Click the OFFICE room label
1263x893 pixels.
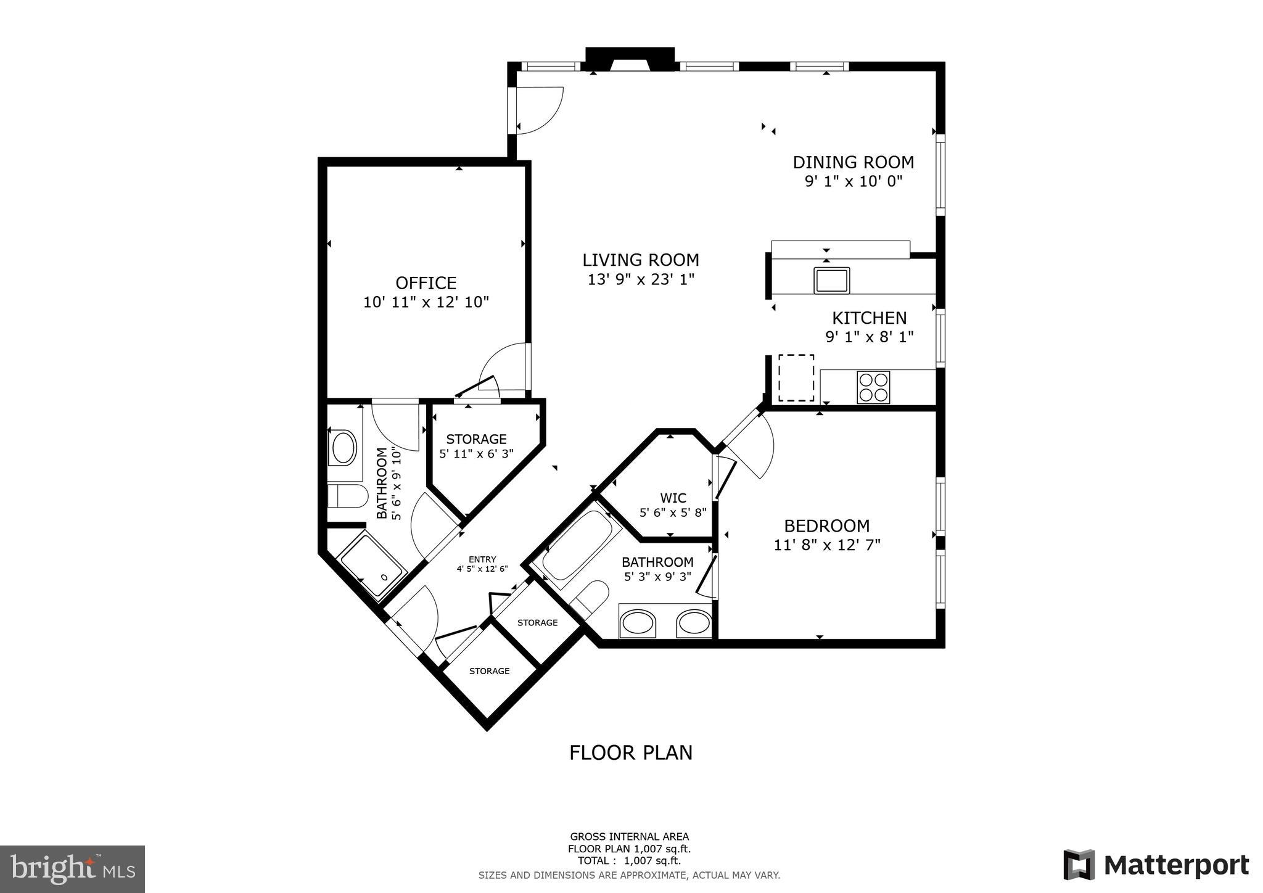coord(426,283)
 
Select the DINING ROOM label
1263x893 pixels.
coord(853,162)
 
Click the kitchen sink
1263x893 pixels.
coord(831,280)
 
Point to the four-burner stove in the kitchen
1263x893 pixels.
coord(873,387)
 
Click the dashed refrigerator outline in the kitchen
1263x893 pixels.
coord(796,377)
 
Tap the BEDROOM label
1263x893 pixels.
coord(826,526)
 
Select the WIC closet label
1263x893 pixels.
coord(673,498)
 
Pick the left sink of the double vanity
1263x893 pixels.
coord(638,623)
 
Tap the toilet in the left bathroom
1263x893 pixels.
coord(347,495)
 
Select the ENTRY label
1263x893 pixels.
coord(482,559)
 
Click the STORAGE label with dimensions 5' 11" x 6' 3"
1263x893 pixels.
coord(476,439)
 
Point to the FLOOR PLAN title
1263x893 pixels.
coord(630,752)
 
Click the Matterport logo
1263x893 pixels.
coord(1156,865)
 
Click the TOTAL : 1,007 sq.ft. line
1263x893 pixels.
coord(629,861)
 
